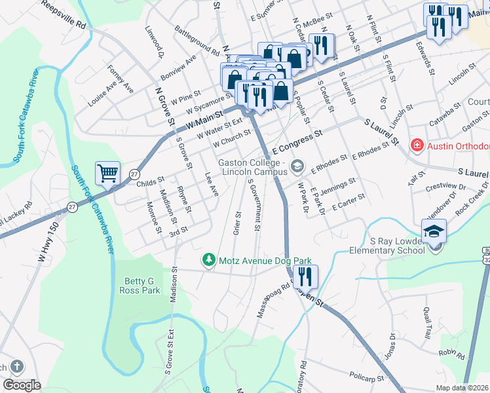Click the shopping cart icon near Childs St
(x=107, y=174)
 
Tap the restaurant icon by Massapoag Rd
(x=305, y=276)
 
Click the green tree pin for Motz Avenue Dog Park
(x=209, y=260)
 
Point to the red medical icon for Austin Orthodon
(x=415, y=145)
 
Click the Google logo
(x=22, y=384)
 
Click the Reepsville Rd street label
(x=64, y=14)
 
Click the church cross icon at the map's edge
(x=17, y=367)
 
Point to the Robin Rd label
(x=452, y=355)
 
